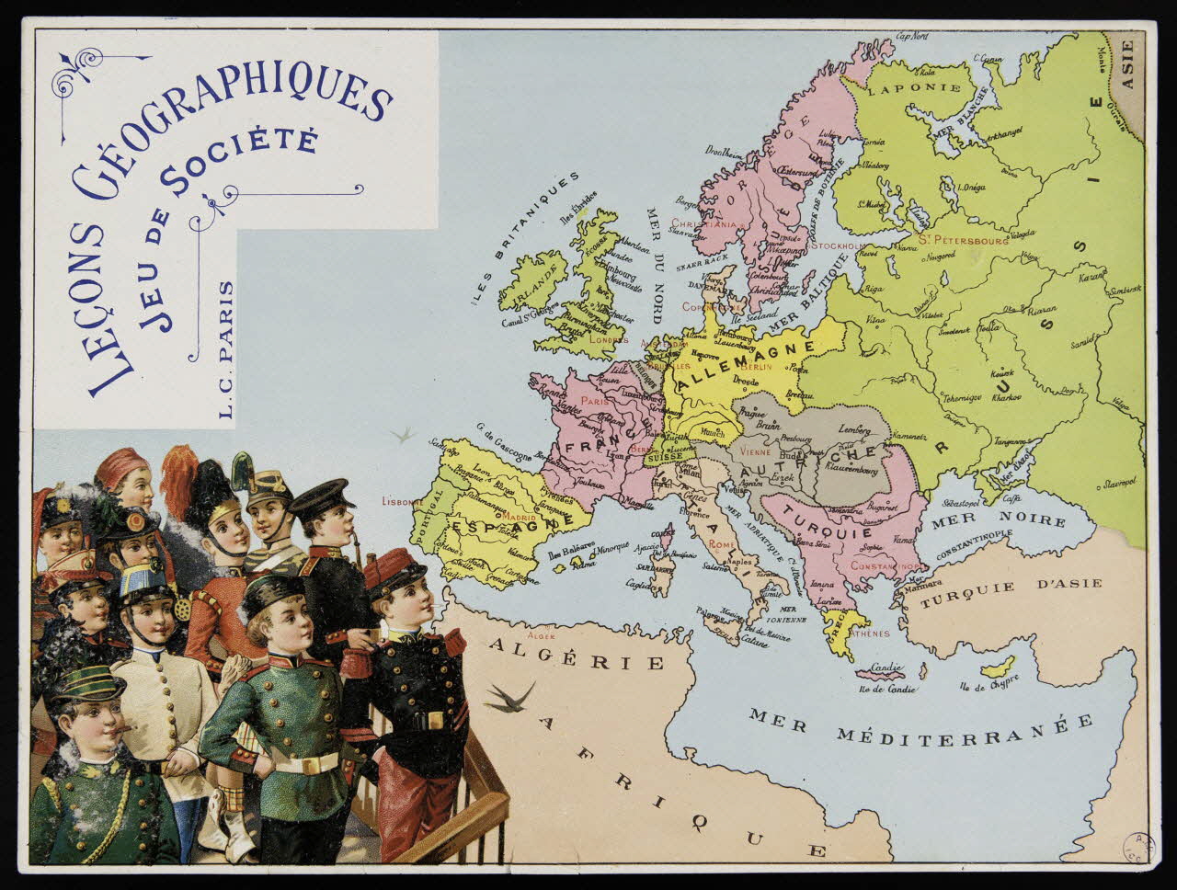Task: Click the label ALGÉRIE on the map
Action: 576,654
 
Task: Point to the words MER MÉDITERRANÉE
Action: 920,727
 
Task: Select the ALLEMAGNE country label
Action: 748,365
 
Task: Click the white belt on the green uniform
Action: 308,762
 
